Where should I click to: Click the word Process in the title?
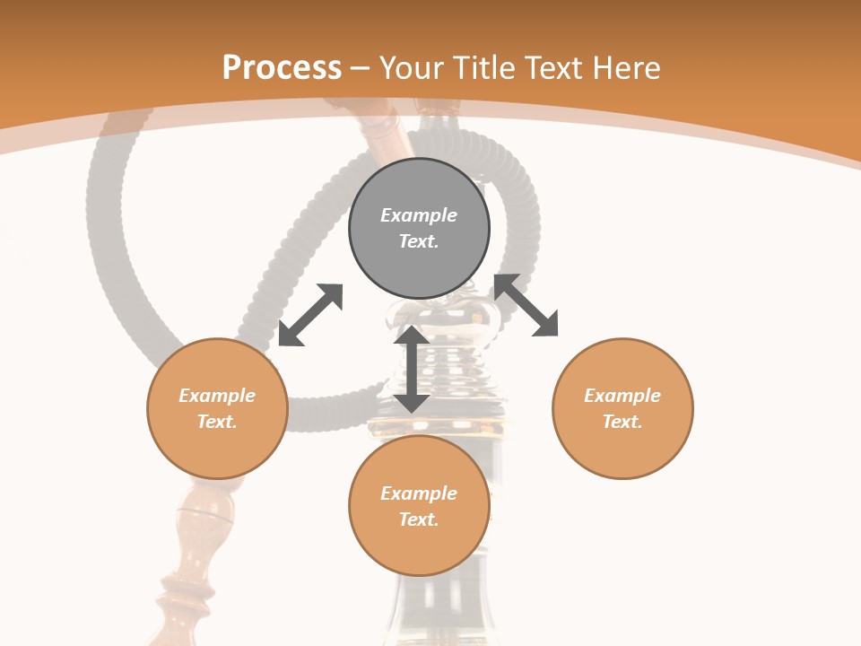[282, 67]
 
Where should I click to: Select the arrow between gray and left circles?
[310, 315]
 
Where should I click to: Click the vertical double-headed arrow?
[412, 369]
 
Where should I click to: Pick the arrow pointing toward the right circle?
[526, 305]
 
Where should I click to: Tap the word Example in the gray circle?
[419, 215]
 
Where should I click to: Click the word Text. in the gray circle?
[419, 241]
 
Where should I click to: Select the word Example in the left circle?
[217, 396]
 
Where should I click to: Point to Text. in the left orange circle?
[217, 422]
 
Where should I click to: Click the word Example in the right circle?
[622, 396]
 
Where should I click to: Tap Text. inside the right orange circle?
[622, 422]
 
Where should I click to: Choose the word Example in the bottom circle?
[419, 493]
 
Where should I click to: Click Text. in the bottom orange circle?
[419, 519]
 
